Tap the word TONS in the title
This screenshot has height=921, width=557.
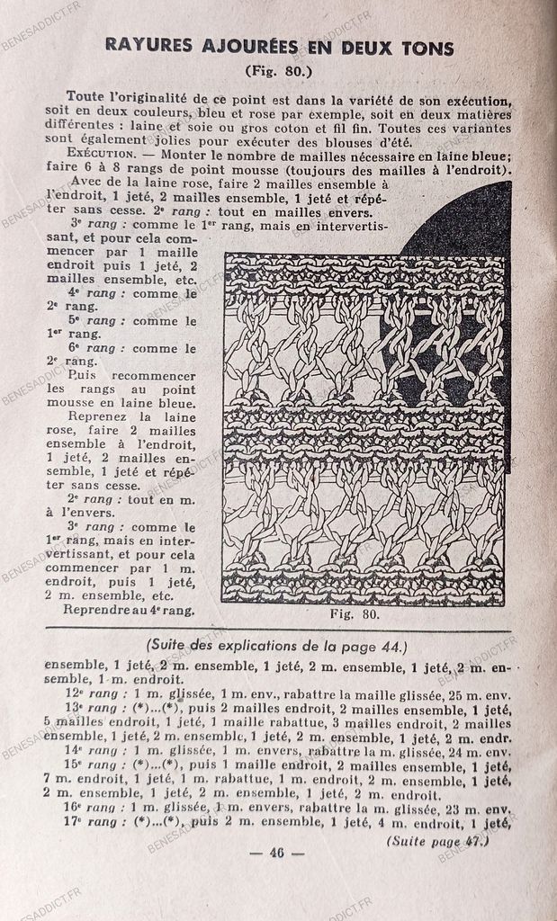tap(425, 46)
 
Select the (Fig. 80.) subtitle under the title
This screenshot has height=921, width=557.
tap(278, 69)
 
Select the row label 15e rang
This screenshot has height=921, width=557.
tap(92, 765)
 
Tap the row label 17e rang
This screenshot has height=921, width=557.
tap(92, 822)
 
